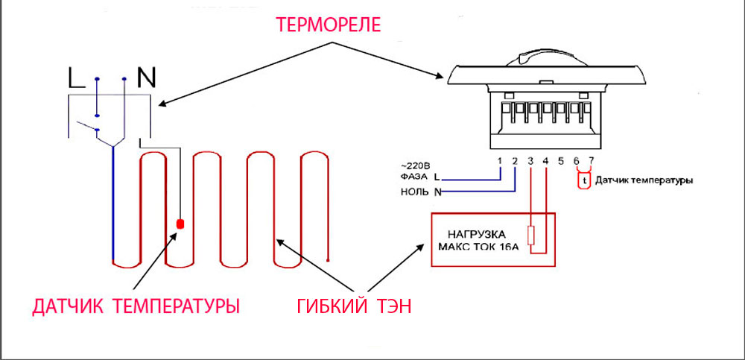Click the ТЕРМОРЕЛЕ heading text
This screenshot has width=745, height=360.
pyautogui.click(x=329, y=25)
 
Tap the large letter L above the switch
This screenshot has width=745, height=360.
pyautogui.click(x=77, y=78)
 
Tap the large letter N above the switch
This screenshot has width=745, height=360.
pyautogui.click(x=146, y=78)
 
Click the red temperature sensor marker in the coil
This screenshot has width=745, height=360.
pyautogui.click(x=180, y=224)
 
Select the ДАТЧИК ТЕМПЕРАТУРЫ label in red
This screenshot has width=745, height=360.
pyautogui.click(x=136, y=306)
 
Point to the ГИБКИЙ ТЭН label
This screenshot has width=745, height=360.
pyautogui.click(x=355, y=306)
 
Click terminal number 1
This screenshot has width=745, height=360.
pyautogui.click(x=499, y=161)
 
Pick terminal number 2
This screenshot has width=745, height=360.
pyautogui.click(x=515, y=161)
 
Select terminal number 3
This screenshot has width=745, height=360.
pyautogui.click(x=530, y=161)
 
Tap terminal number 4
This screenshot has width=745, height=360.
pyautogui.click(x=545, y=161)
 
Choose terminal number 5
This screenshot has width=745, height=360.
pyautogui.click(x=561, y=161)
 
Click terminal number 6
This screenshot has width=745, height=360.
pyautogui.click(x=577, y=161)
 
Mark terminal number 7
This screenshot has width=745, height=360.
pyautogui.click(x=591, y=161)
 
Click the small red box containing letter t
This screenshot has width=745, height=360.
pyautogui.click(x=584, y=180)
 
